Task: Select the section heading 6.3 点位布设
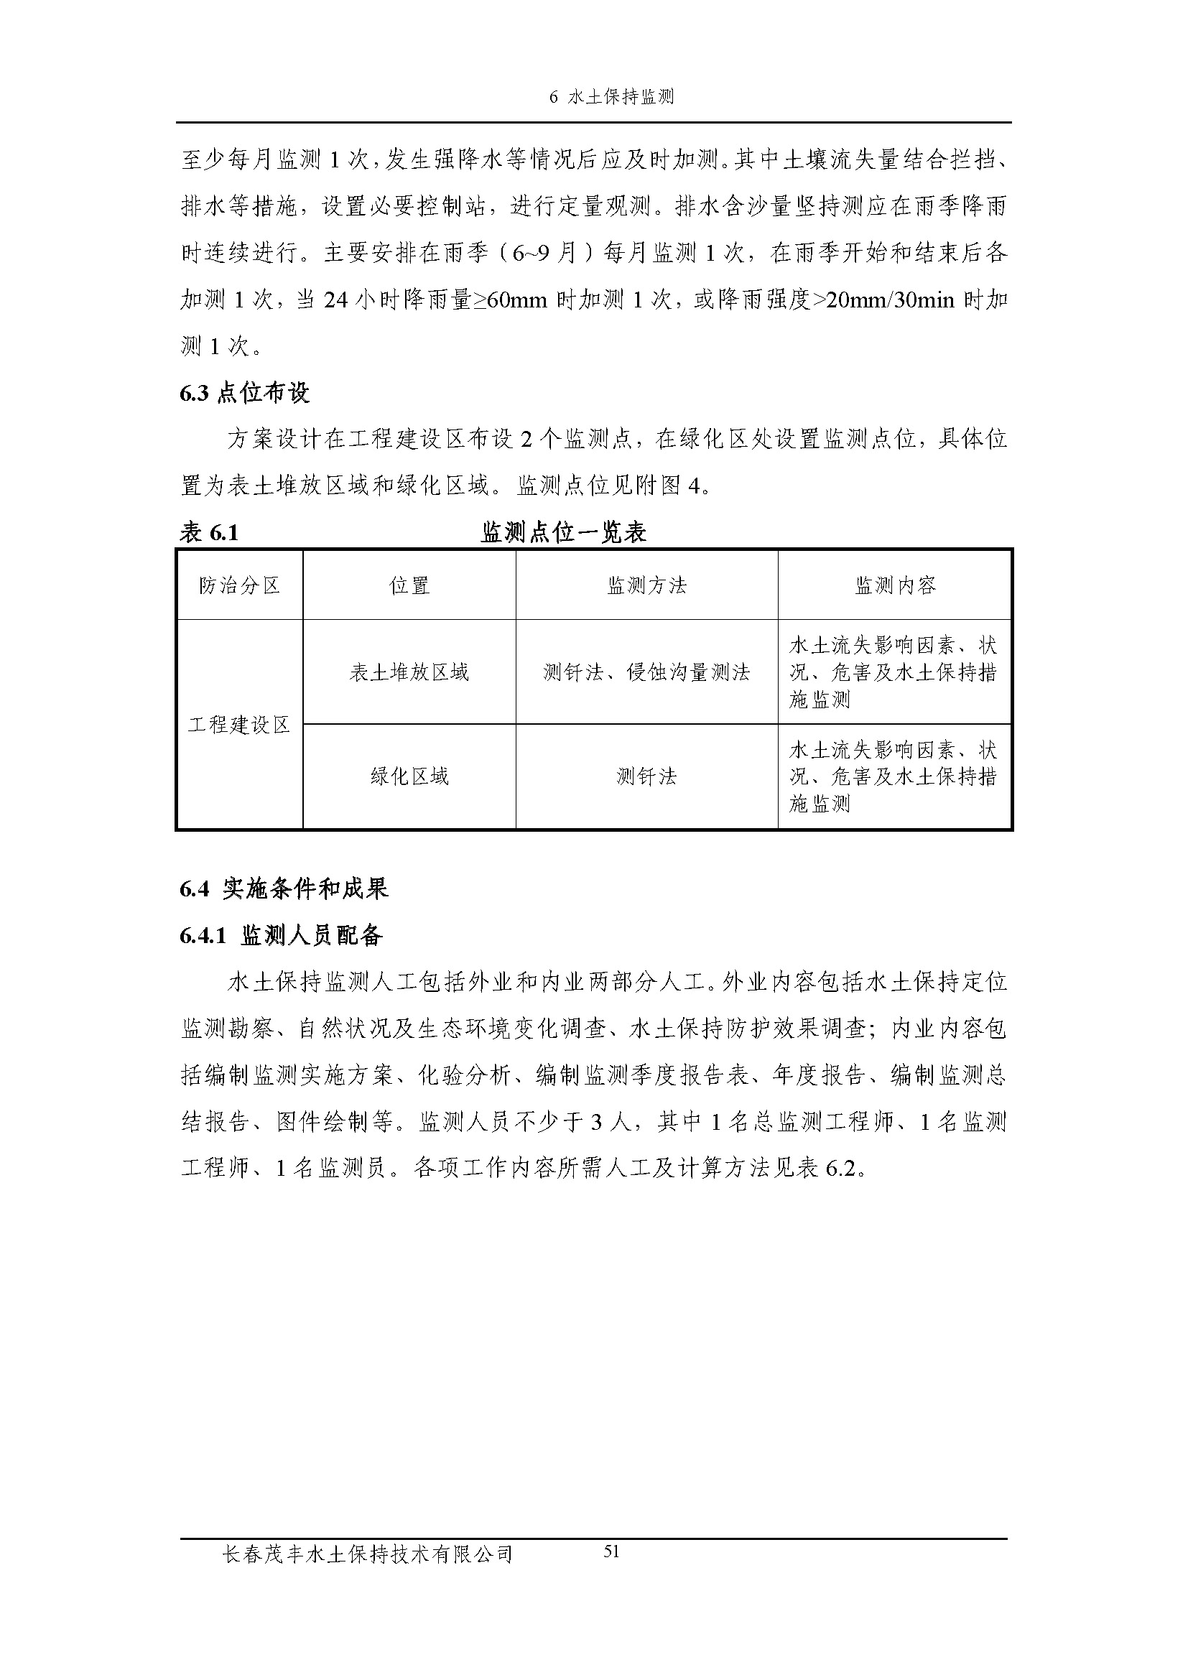[245, 393]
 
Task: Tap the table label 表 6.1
[209, 533]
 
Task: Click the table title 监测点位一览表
[563, 533]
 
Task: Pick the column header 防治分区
[239, 585]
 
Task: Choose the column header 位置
[409, 585]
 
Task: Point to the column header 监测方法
[646, 585]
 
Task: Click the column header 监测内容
[895, 585]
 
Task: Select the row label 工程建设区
[239, 725]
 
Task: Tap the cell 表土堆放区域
[409, 672]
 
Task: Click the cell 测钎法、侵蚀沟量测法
[646, 672]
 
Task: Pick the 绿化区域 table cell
[409, 776]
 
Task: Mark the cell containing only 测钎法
[646, 776]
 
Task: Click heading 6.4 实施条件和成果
[284, 889]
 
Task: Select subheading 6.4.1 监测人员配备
[282, 936]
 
